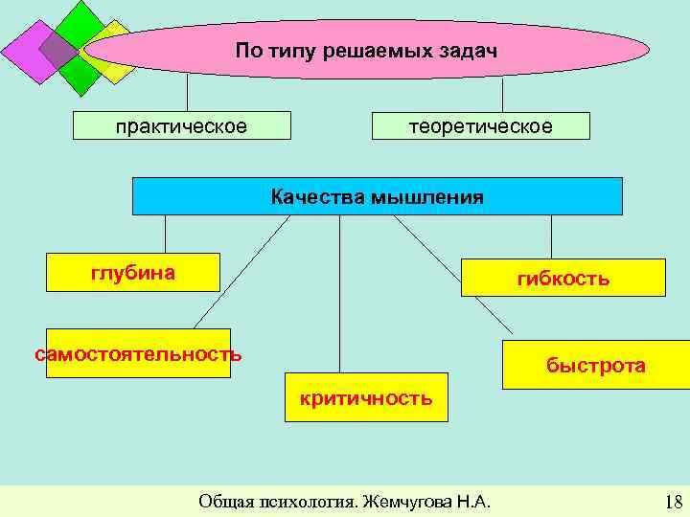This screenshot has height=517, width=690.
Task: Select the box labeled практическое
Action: point(181,126)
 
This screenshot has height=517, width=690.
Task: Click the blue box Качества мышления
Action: point(377,196)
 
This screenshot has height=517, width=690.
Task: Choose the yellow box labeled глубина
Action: point(133,274)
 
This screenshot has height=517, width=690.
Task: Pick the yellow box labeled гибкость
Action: point(563,278)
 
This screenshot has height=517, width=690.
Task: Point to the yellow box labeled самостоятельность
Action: point(138,353)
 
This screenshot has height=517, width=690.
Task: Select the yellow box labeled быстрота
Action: point(595,365)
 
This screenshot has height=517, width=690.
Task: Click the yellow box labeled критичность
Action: point(365,396)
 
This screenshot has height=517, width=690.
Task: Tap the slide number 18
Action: point(672,502)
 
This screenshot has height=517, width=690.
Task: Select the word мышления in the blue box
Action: point(426,197)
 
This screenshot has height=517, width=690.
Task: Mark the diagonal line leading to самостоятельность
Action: point(240,273)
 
